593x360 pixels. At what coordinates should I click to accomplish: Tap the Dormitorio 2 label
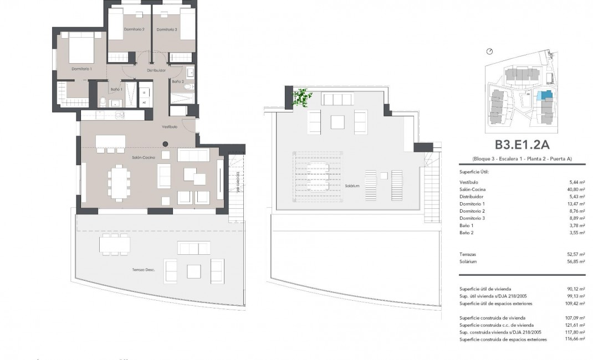point(135,29)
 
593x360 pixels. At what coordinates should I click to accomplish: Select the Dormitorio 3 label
point(166,29)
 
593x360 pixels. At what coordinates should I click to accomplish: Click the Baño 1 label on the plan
point(116,89)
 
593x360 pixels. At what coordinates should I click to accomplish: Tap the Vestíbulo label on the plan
point(169,127)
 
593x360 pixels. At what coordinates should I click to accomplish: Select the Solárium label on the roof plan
point(352,186)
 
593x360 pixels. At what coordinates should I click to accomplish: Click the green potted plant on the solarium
point(302,97)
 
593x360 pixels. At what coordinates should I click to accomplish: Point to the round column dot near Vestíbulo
point(165,145)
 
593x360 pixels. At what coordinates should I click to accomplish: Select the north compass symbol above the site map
point(489,52)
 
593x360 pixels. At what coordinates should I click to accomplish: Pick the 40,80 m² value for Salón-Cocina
point(577,189)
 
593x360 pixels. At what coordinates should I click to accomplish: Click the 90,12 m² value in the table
point(577,289)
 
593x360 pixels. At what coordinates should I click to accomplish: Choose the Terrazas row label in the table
point(469,254)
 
